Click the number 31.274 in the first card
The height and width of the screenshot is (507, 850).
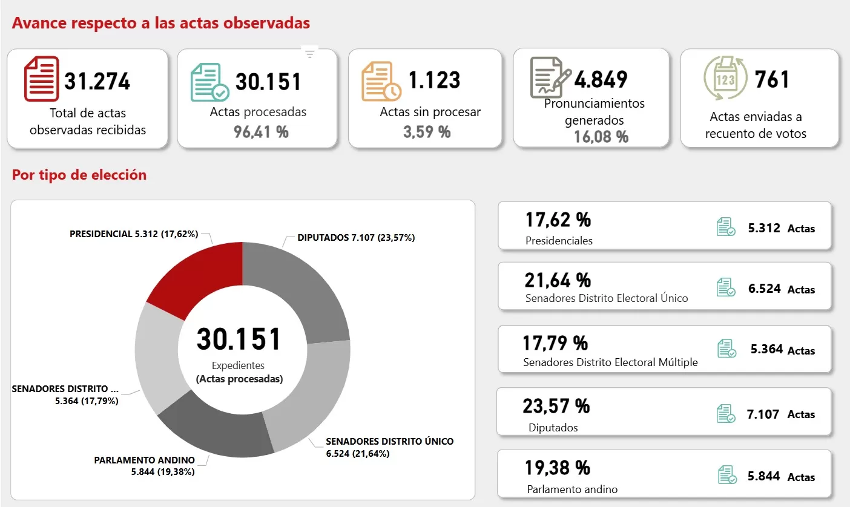point(97,81)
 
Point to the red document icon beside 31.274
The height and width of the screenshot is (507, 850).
point(41,79)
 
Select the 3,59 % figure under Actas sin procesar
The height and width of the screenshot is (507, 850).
point(427,131)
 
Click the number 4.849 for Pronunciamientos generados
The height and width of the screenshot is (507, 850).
point(601,79)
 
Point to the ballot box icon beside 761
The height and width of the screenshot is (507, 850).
point(725,79)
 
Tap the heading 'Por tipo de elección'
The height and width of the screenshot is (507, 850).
point(79,175)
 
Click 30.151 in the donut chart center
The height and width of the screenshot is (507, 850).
point(239,339)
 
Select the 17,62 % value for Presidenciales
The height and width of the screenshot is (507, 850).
point(558,220)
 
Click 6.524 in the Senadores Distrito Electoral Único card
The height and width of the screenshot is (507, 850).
point(764,289)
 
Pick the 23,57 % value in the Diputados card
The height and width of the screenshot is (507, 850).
point(556,405)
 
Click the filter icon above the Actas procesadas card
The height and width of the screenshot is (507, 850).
point(310,54)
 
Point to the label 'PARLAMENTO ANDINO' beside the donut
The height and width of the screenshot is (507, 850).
point(144,460)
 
